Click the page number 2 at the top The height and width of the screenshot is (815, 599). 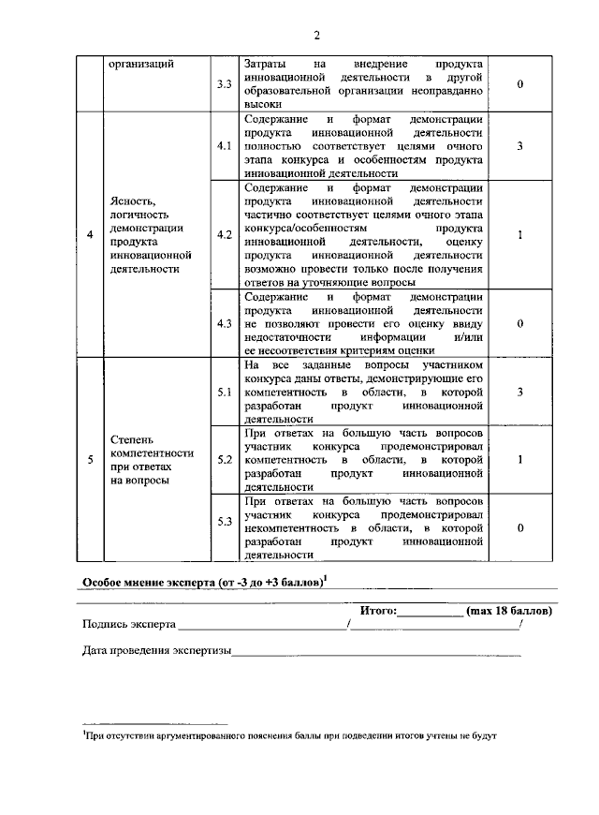(x=316, y=36)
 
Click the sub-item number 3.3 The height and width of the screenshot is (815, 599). (x=224, y=85)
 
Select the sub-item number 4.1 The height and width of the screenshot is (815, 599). (x=224, y=147)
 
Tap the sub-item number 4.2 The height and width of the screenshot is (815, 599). (x=224, y=234)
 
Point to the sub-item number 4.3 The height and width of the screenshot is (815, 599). (x=224, y=323)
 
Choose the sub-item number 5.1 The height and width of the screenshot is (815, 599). (x=224, y=392)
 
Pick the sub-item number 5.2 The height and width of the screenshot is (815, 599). (x=224, y=460)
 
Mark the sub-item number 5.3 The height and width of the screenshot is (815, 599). (x=224, y=521)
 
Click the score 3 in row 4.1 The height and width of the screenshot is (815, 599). (x=519, y=147)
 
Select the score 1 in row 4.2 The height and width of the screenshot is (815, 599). (x=519, y=234)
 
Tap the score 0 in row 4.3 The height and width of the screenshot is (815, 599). (x=519, y=323)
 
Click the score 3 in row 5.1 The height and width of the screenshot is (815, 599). (x=519, y=392)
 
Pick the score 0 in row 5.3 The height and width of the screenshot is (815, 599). (x=519, y=527)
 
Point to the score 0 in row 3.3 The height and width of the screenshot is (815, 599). (x=519, y=85)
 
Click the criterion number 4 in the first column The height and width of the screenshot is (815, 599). (x=90, y=234)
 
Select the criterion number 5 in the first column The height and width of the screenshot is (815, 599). (x=90, y=460)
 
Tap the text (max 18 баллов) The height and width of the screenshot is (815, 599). (x=509, y=611)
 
